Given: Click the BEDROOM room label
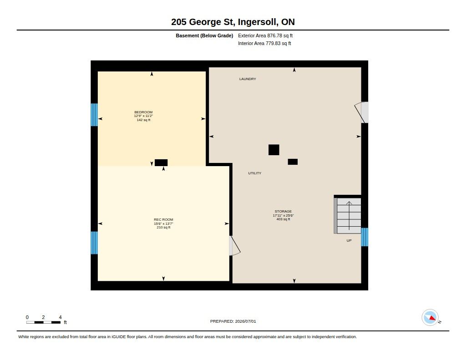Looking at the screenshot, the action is (143, 112).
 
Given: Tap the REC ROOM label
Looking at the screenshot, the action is (163, 219).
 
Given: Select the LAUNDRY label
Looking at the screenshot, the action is (248, 79).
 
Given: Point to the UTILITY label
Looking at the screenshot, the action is (255, 173).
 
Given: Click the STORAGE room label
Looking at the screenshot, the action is (283, 211).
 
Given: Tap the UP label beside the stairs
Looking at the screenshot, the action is (349, 240).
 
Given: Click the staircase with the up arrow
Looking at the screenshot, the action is (347, 216).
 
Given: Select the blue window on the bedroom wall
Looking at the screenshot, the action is (94, 115).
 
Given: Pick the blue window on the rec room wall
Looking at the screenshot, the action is (94, 243).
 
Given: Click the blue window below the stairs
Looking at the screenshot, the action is (365, 237).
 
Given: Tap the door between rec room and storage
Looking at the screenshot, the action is (234, 246).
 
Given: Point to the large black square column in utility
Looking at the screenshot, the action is (274, 150).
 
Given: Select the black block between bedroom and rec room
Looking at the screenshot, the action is (161, 162).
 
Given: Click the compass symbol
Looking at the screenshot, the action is (430, 318).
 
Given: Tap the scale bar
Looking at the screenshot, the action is (43, 322).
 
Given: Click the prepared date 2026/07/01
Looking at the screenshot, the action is (245, 321).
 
